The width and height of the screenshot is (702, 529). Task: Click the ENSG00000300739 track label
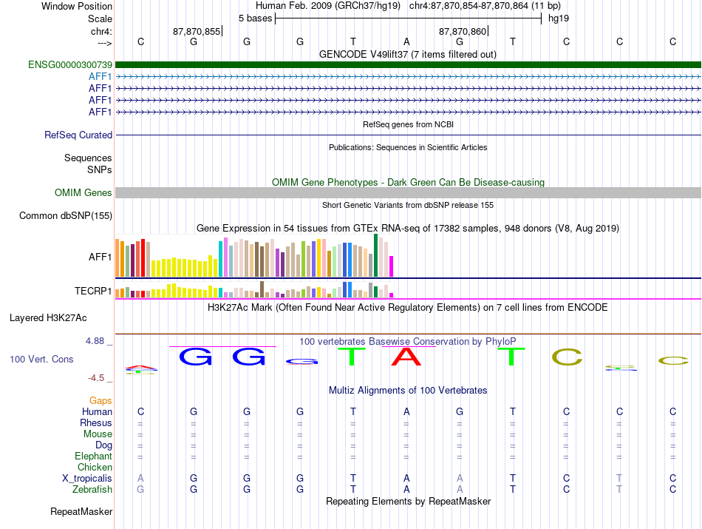pyautogui.click(x=70, y=64)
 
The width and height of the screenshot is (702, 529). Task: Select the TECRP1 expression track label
pyautogui.click(x=93, y=291)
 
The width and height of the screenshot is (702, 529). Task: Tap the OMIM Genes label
pyautogui.click(x=84, y=193)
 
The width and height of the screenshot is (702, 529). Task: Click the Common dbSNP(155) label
pyautogui.click(x=66, y=215)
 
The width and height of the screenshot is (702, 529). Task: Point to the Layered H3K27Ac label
pyautogui.click(x=48, y=318)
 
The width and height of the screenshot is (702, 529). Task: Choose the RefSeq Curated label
pyautogui.click(x=78, y=135)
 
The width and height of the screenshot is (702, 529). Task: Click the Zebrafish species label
pyautogui.click(x=92, y=489)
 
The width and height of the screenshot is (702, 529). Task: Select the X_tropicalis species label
pyautogui.click(x=87, y=479)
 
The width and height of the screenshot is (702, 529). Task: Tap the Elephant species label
pyautogui.click(x=94, y=456)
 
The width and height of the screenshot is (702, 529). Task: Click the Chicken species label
pyautogui.click(x=95, y=467)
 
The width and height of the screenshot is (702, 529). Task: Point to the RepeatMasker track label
pyautogui.click(x=81, y=511)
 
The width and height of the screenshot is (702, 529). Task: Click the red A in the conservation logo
pyautogui.click(x=406, y=357)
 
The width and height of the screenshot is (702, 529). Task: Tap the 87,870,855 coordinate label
pyautogui.click(x=197, y=31)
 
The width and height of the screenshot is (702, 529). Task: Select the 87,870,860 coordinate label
pyautogui.click(x=463, y=31)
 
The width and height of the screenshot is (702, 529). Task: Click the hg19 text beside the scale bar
pyautogui.click(x=559, y=18)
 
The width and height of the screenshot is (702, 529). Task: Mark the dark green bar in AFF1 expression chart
pyautogui.click(x=375, y=255)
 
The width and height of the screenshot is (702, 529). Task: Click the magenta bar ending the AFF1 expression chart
pyautogui.click(x=392, y=266)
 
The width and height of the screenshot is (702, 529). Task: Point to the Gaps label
pyautogui.click(x=100, y=400)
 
